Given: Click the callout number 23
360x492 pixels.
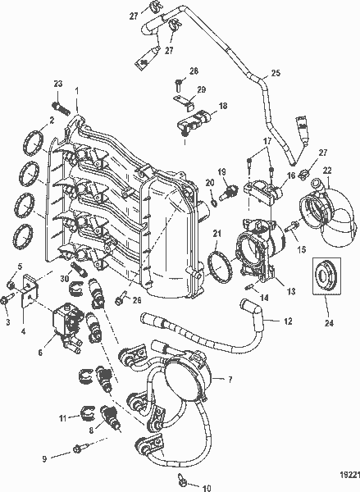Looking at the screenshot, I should [57, 84].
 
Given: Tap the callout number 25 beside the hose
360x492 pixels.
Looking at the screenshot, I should [276, 74].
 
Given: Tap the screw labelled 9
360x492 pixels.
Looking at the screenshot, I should [80, 449].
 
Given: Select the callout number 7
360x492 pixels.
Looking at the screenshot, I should [230, 379].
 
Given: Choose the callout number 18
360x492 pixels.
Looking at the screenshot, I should [223, 106].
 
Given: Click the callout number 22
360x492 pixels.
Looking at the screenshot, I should [327, 171].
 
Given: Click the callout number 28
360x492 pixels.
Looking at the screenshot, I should [194, 72].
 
